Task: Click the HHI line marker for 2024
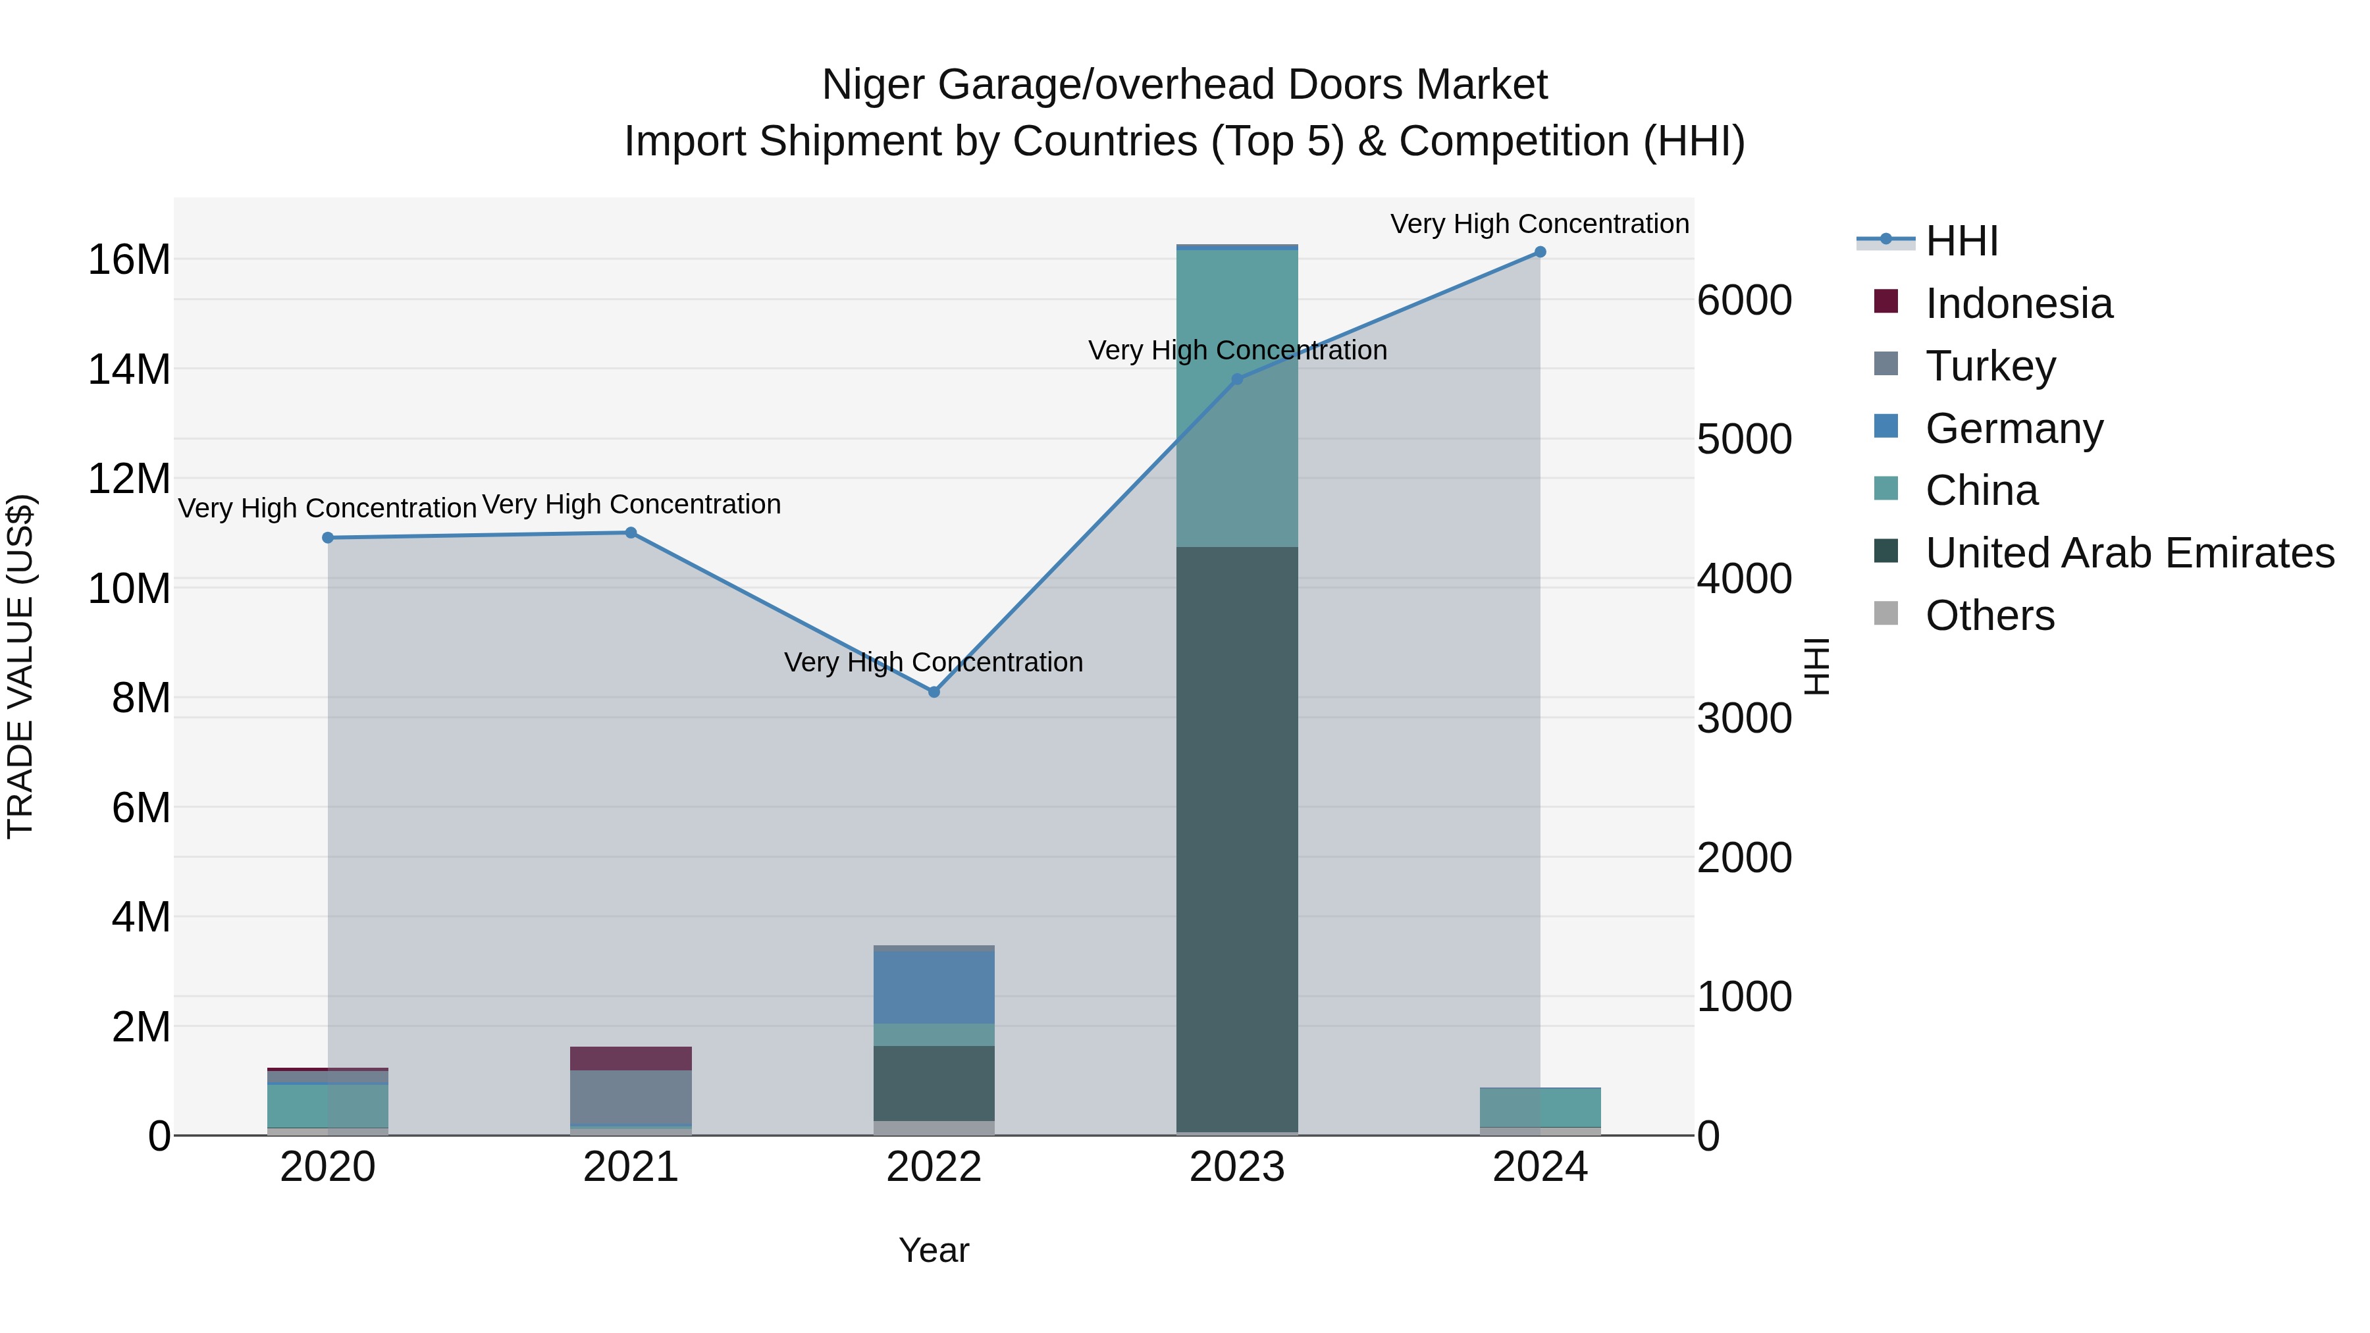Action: [x=1539, y=252]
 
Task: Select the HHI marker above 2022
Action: [x=934, y=692]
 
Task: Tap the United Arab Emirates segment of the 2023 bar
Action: [x=1236, y=837]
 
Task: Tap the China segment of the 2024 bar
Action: [x=1539, y=1108]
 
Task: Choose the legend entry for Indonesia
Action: [x=2018, y=303]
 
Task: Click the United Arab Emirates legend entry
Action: [x=2129, y=553]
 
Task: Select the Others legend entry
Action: [x=1989, y=615]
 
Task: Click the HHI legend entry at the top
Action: [x=1961, y=241]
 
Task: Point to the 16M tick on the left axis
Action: [x=129, y=260]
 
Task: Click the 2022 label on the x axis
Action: [x=934, y=1167]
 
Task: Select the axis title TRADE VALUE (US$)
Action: [x=20, y=666]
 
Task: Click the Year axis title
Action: [x=934, y=1250]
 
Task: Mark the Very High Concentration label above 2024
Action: [x=1539, y=224]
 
